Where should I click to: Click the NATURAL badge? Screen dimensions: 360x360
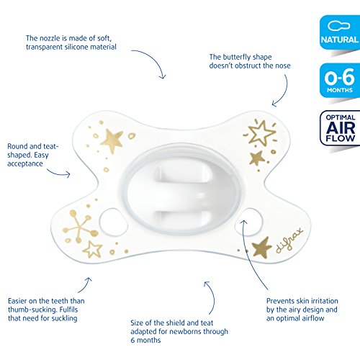click(x=340, y=32)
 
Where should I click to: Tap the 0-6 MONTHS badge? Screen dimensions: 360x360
click(x=340, y=81)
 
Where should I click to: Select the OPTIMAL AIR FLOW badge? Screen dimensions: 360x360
click(x=340, y=128)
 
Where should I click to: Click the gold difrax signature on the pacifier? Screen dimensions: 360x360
click(x=289, y=240)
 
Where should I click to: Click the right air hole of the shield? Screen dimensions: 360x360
click(x=249, y=222)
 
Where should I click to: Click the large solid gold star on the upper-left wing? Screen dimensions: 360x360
click(x=112, y=140)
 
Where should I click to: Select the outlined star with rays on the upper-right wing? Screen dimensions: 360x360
click(x=261, y=132)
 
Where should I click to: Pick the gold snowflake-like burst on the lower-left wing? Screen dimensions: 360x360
click(x=80, y=226)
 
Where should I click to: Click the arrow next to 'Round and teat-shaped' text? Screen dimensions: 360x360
click(x=58, y=174)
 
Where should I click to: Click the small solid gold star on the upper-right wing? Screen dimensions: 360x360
click(x=257, y=158)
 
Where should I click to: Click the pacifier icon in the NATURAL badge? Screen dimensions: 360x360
click(x=339, y=26)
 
